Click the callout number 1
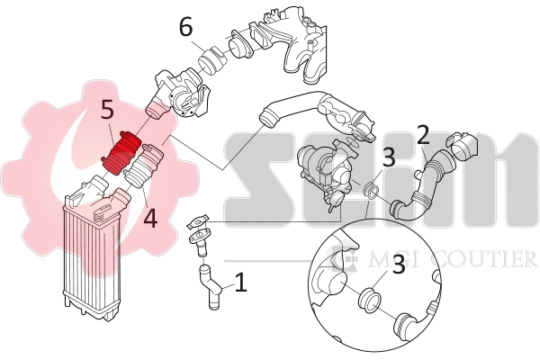(x=240, y=283)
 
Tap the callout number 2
(x=423, y=137)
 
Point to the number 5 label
(x=107, y=111)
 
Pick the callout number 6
(x=185, y=27)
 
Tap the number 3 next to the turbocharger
(x=388, y=157)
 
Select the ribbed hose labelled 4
(x=144, y=168)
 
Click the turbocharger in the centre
(x=326, y=166)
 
